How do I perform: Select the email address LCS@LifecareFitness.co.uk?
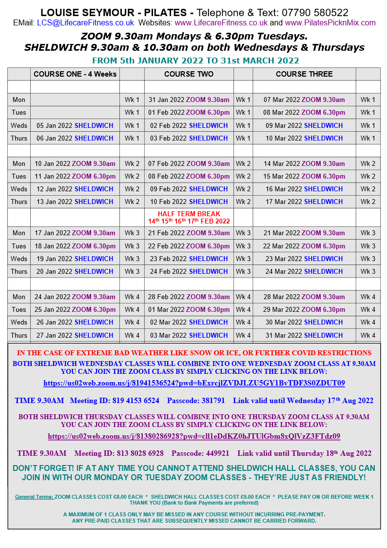tap(85, 23)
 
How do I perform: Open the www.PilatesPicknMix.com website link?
tap(330, 23)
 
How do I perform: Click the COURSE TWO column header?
tap(189, 74)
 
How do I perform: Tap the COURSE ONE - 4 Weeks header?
tap(75, 74)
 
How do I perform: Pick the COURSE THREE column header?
tap(304, 74)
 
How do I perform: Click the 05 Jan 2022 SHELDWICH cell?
tap(75, 125)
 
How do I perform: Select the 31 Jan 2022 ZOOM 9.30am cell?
tap(189, 100)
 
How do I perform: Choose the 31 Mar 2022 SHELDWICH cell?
tap(304, 335)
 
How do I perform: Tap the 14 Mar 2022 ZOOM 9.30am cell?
tap(304, 163)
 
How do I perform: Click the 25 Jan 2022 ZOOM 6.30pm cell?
tap(75, 309)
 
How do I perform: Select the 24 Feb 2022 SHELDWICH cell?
tap(189, 271)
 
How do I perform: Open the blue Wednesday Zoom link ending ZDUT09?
tap(194, 383)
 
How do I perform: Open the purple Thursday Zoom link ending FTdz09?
tap(194, 436)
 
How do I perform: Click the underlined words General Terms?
tap(34, 497)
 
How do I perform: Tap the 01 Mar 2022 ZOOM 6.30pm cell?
tap(189, 309)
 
